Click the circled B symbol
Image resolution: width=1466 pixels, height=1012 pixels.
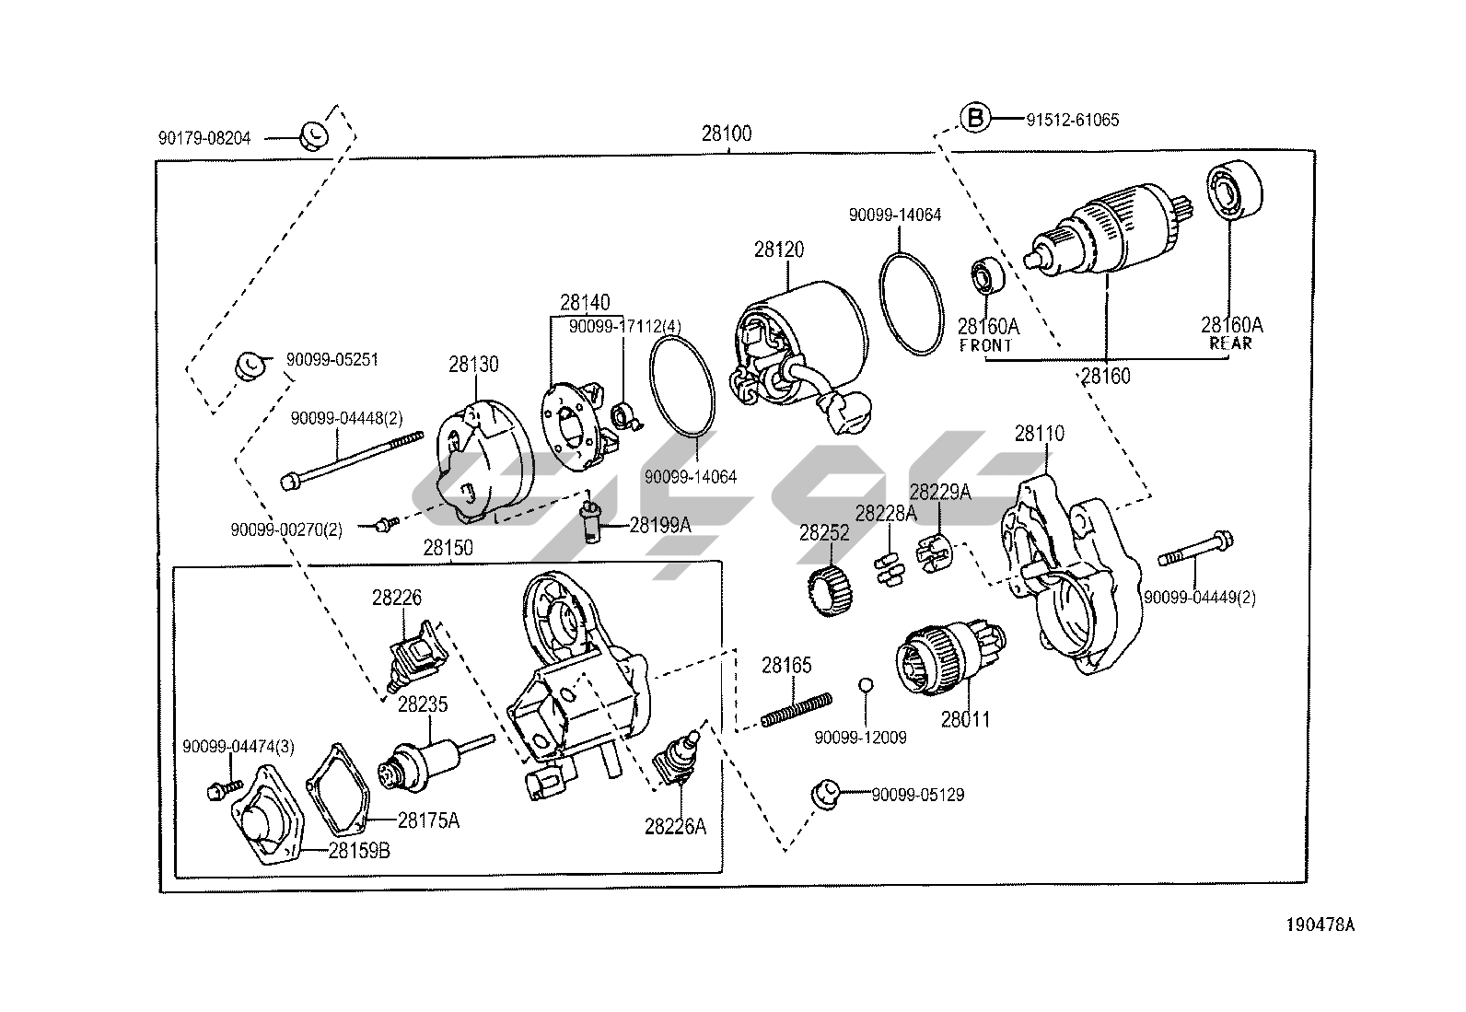pos(975,119)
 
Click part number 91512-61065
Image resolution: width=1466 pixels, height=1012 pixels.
pos(1073,120)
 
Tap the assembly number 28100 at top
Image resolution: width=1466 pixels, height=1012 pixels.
pos(727,134)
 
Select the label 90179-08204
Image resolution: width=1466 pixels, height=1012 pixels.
pos(204,138)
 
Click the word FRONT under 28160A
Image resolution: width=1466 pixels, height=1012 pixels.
pos(985,345)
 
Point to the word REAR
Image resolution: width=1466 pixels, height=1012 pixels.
pos(1230,343)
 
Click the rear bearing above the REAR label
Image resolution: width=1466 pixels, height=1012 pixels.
pos(1235,190)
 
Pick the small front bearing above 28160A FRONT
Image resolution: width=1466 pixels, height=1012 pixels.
pos(987,276)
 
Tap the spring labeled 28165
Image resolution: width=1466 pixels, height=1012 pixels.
pos(797,710)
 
